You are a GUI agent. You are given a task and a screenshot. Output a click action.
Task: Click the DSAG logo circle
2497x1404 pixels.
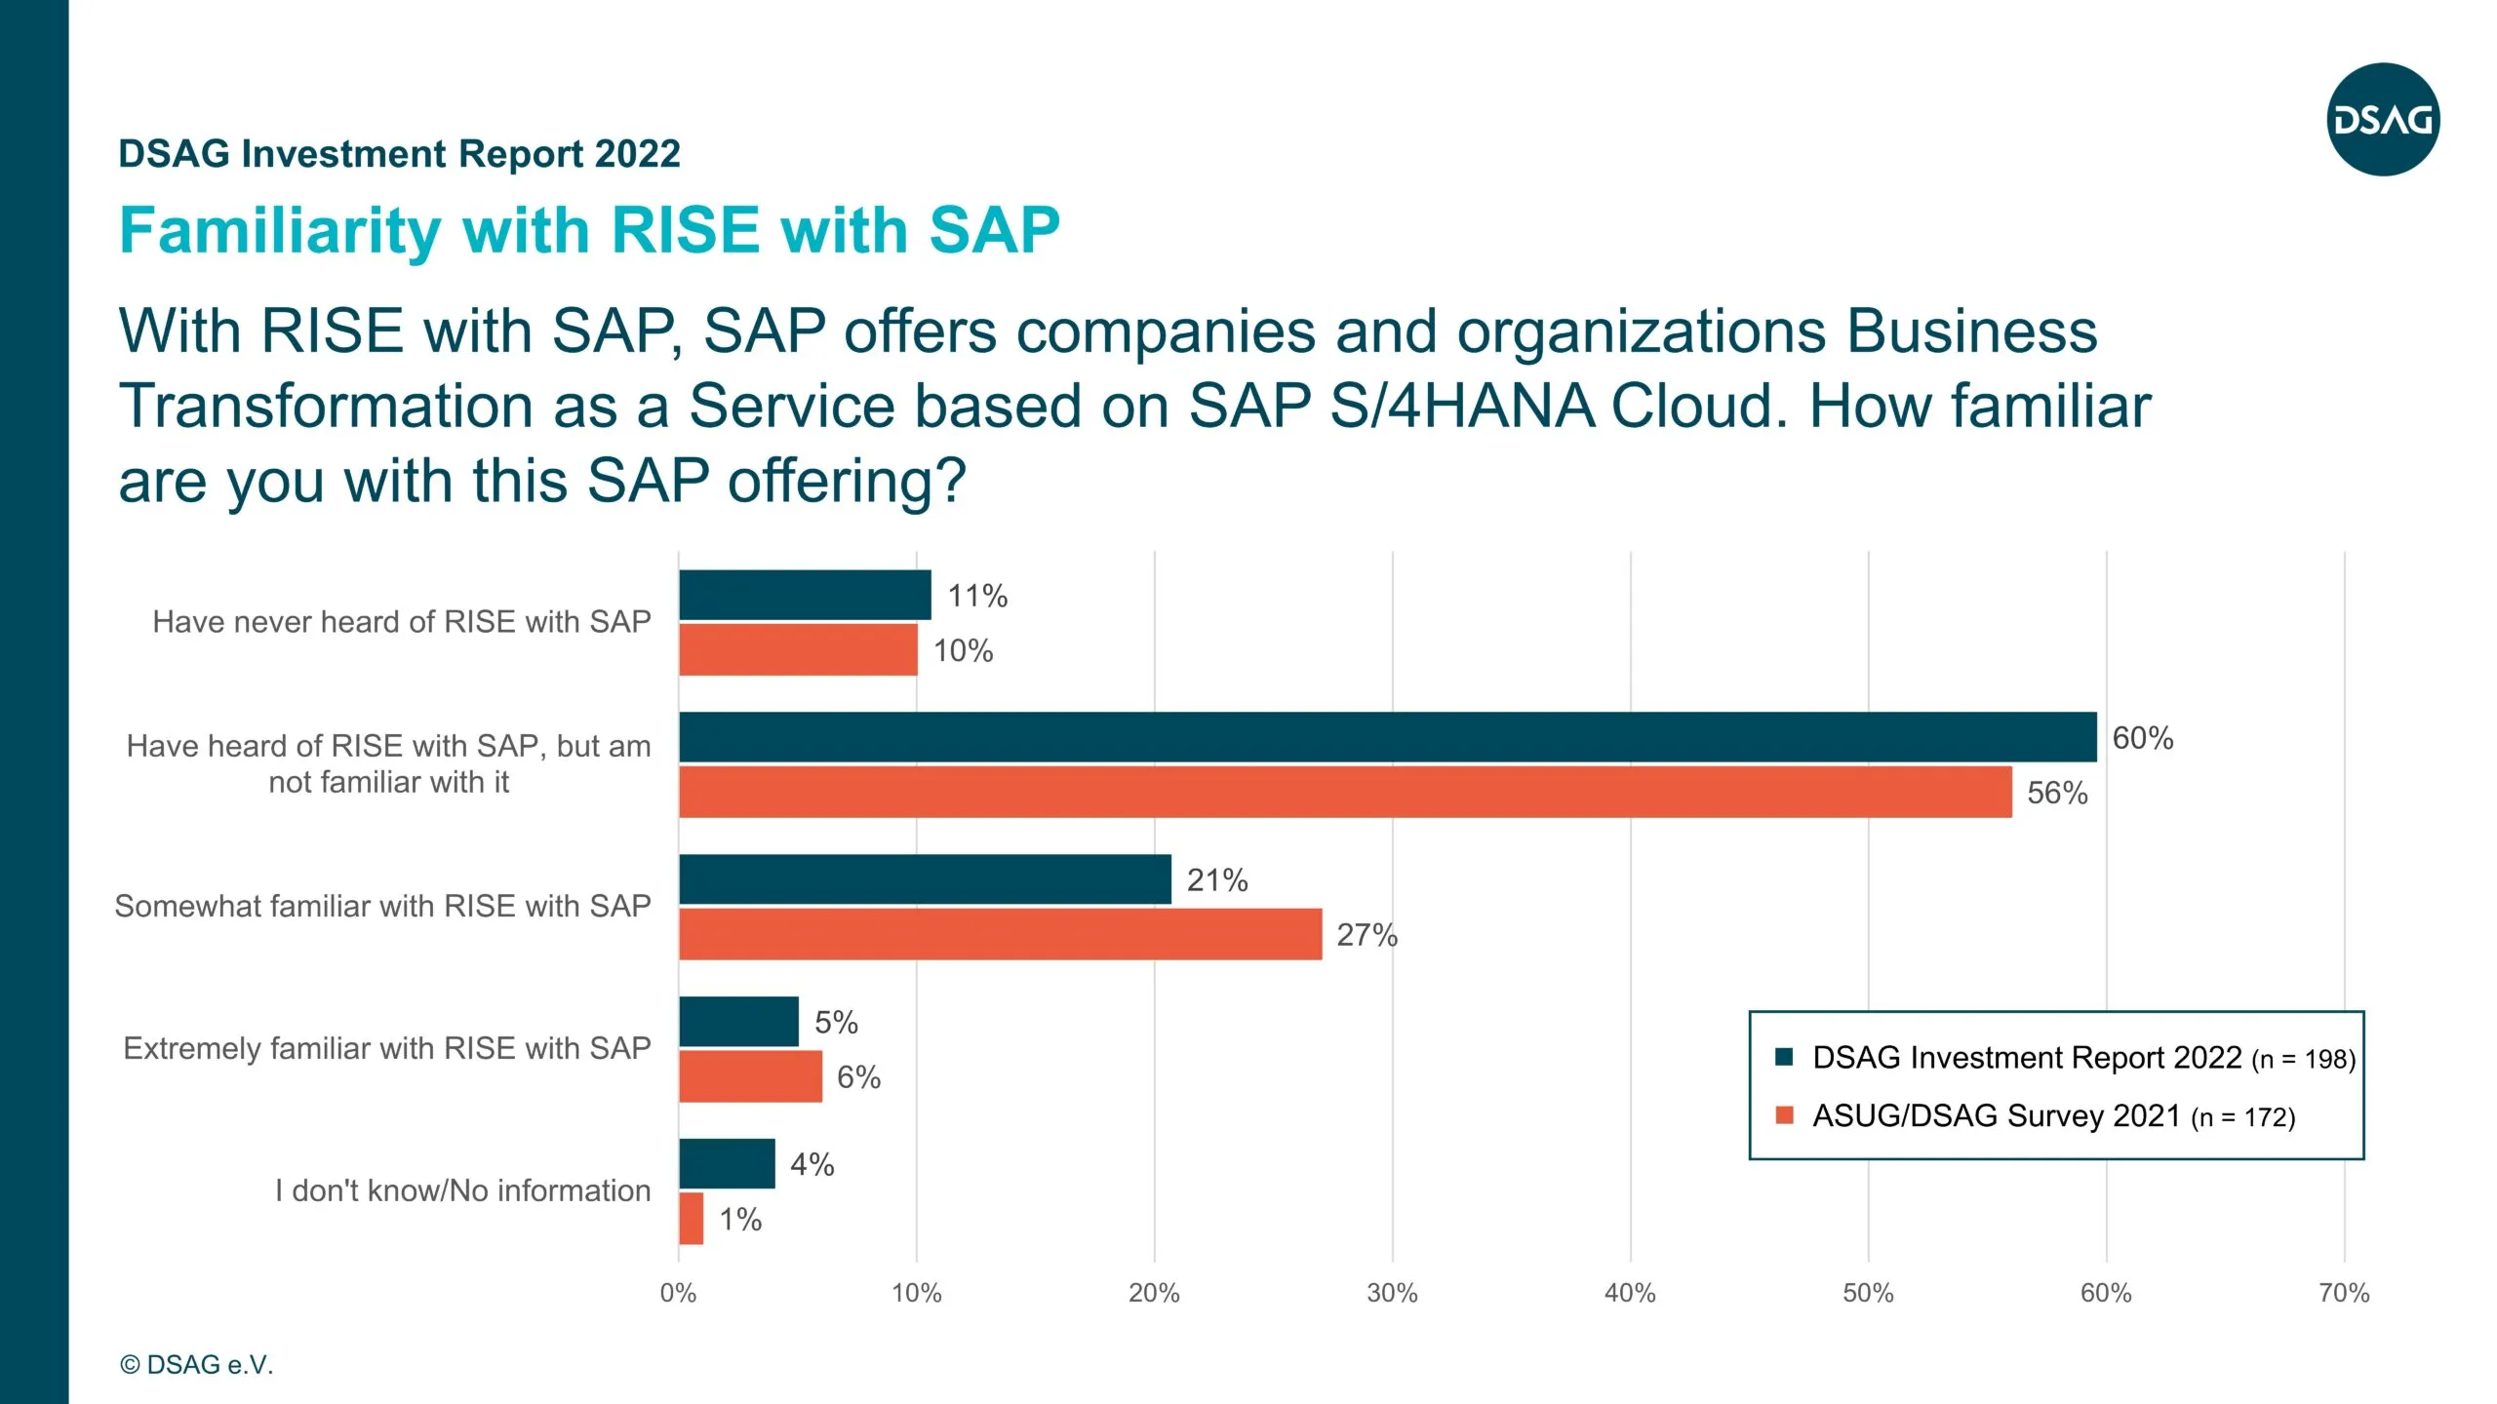[x=2383, y=120]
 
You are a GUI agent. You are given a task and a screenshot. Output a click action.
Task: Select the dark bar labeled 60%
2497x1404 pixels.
[x=1387, y=737]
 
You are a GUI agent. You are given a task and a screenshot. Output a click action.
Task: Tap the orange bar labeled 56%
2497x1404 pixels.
[x=1344, y=792]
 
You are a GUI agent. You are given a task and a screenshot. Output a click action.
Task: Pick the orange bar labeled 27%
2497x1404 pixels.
[x=1000, y=934]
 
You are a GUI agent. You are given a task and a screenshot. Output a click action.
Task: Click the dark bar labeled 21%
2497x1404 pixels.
[x=925, y=879]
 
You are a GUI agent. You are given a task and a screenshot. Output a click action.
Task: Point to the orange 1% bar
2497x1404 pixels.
[x=691, y=1218]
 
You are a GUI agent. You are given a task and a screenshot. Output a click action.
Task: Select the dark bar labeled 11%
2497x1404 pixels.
[x=805, y=595]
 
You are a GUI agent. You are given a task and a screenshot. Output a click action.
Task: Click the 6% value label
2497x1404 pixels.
[x=858, y=1077]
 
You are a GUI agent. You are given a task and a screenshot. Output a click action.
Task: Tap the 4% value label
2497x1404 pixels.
[x=812, y=1164]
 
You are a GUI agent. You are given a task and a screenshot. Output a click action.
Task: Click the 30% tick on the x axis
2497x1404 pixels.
[x=1392, y=1294]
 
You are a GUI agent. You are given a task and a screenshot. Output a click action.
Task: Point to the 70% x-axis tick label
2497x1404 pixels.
[x=2344, y=1294]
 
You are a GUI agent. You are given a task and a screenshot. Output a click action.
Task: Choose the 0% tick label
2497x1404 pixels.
[x=678, y=1294]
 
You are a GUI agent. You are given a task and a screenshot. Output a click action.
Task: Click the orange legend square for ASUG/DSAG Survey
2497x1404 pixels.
[x=1785, y=1115]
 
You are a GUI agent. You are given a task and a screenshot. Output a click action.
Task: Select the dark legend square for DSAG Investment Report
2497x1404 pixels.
[x=1785, y=1058]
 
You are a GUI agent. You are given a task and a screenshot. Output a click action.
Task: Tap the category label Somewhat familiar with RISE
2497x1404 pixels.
[x=382, y=906]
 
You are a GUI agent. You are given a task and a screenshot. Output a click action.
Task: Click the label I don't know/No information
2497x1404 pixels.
[x=462, y=1190]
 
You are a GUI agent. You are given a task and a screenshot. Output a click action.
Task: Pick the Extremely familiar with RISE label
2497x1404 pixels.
[x=386, y=1048]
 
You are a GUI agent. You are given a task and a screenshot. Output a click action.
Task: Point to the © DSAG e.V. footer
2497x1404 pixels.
[x=196, y=1365]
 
